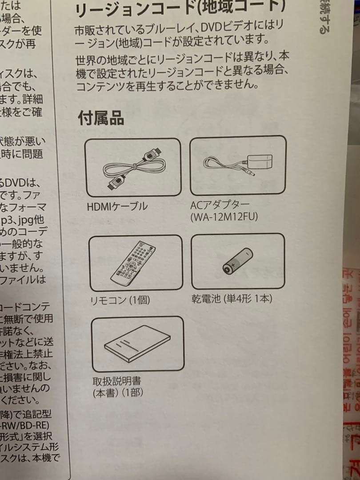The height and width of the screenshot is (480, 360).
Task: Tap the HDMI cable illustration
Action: [132, 167]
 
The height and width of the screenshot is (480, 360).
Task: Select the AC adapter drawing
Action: [238, 164]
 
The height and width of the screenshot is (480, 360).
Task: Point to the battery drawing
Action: [238, 262]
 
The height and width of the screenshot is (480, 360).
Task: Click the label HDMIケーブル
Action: [118, 207]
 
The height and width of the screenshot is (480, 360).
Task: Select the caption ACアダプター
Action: [220, 206]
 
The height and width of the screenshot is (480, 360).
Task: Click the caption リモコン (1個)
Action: [120, 300]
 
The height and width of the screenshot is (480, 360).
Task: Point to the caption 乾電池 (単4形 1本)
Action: [231, 298]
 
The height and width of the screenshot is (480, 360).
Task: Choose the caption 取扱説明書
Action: [117, 382]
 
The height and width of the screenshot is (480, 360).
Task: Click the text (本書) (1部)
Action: [118, 393]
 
